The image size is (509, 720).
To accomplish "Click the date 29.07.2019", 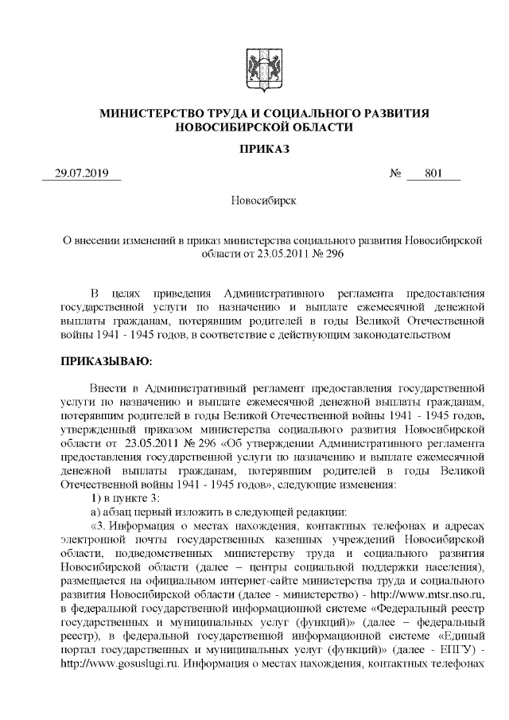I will (80, 173).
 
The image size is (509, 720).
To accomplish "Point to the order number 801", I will (433, 173).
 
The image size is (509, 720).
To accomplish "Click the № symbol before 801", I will (395, 173).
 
